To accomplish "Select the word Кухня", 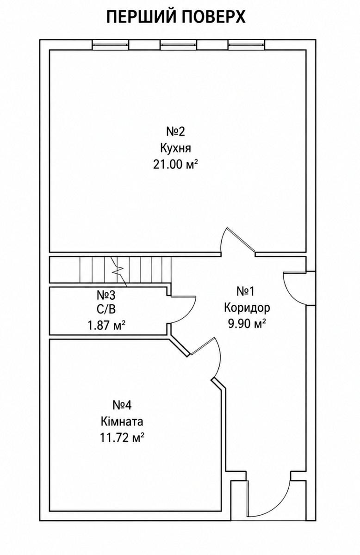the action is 175,148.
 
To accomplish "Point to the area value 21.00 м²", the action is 175,164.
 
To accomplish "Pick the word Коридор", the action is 247,308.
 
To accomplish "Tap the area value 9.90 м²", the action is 247,324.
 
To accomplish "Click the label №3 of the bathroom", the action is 106,295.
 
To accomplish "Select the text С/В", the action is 106,309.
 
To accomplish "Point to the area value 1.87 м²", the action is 106,325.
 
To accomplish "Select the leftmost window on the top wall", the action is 111,45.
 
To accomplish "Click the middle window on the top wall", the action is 179,45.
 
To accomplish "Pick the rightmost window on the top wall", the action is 247,45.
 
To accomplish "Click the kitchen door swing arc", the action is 222,239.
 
